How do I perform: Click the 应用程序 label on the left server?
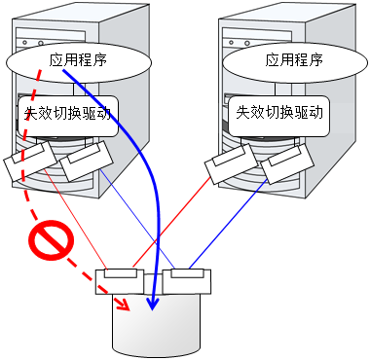78,60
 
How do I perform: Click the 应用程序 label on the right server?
294,60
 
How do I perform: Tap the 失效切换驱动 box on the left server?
67,116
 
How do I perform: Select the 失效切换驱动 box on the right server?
279,116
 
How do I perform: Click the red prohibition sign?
52,240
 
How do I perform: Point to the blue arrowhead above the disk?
152,303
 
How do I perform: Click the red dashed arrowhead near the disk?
124,305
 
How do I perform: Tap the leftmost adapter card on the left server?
30,162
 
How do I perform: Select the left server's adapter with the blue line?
87,162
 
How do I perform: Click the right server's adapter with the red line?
231,163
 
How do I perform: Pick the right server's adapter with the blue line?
287,163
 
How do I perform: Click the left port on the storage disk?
120,281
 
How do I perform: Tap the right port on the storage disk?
187,281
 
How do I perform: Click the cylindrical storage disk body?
157,325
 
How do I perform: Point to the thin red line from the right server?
172,223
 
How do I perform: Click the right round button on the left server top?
41,43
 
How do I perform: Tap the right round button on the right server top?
247,43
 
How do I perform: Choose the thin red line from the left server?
75,219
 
